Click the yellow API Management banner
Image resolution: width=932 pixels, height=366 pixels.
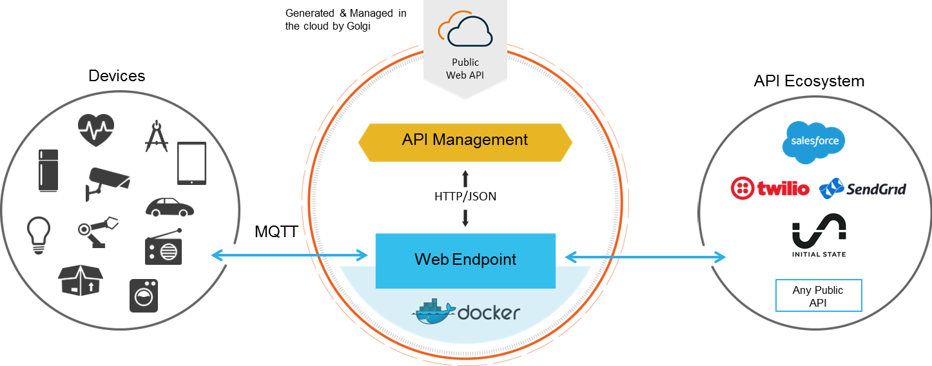pos(465,140)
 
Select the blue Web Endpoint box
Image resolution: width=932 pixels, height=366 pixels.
pos(465,260)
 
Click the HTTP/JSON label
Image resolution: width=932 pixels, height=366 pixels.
pos(465,197)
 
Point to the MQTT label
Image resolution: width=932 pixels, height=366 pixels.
pos(276,232)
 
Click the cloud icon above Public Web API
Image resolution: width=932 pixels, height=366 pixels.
pos(465,30)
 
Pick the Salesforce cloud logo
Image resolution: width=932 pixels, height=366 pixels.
pos(813,141)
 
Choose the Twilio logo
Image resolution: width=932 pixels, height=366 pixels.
pos(770,189)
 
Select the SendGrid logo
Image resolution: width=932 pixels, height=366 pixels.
pos(862,189)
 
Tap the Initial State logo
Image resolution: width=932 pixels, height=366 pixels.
pos(819,235)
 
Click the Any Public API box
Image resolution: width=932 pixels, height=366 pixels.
pos(818,296)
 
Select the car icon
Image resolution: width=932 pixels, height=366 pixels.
pos(170,207)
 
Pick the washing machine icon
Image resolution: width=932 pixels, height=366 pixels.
pos(143,295)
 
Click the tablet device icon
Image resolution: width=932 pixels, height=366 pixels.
pos(191,163)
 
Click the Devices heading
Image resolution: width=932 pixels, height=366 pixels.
pos(117,76)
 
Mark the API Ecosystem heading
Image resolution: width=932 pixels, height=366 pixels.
pos(809,81)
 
